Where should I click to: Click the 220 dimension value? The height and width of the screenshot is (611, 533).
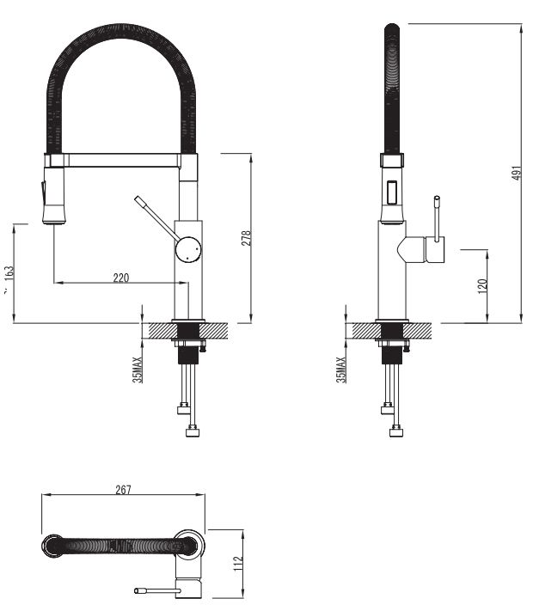[120, 277]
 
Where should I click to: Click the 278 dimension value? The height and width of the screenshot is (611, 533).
[245, 238]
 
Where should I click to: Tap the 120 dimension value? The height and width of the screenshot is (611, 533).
[483, 284]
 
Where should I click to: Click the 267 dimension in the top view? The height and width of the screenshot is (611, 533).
[123, 490]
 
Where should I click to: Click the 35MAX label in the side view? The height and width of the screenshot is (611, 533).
[341, 369]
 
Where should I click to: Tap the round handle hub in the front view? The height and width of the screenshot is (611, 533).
[188, 249]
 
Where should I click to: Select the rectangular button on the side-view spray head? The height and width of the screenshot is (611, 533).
[393, 190]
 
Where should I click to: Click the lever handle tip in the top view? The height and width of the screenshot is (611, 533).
[139, 590]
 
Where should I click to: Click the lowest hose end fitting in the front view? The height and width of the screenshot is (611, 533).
[193, 432]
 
